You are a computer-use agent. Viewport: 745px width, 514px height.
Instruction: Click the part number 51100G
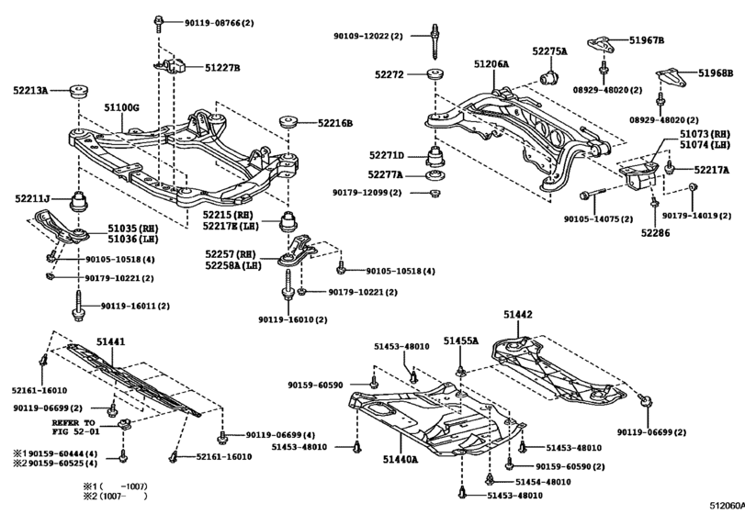coord(121,108)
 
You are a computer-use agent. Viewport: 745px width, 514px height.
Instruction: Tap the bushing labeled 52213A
coord(79,91)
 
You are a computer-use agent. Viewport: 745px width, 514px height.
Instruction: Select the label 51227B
coord(222,68)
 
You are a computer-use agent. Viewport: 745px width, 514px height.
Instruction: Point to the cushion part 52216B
coord(288,121)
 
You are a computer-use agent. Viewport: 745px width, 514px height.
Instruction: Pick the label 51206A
coord(491,63)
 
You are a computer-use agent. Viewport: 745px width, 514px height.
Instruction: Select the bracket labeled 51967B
coord(602,46)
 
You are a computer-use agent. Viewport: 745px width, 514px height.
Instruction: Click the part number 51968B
coord(716,73)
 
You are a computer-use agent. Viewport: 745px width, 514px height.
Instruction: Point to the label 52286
coord(655,233)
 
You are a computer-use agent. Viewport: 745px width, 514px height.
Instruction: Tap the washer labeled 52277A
coord(435,175)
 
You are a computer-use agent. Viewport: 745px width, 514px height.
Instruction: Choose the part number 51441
coord(111,341)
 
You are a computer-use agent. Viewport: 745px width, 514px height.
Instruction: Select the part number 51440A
coord(401,460)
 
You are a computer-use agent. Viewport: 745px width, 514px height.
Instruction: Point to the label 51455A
coord(461,341)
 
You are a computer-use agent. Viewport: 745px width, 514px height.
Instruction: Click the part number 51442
coord(518,314)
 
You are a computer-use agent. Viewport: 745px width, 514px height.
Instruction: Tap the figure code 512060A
coord(727,506)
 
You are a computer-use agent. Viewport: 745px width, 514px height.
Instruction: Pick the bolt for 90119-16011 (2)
coord(78,307)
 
